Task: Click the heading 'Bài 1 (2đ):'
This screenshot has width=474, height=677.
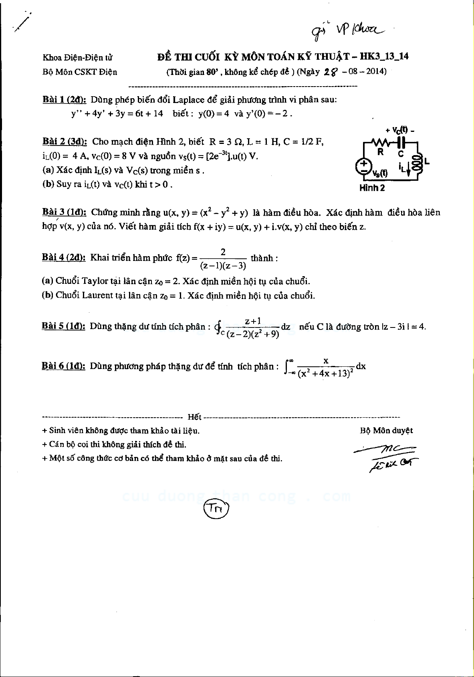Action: coord(64,99)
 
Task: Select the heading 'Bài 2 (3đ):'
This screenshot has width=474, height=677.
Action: coord(65,141)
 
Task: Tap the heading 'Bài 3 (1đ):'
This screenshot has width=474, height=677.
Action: coord(64,212)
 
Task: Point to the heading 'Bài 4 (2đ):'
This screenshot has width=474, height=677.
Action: coord(64,257)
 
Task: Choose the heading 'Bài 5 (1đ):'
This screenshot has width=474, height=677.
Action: coord(63,326)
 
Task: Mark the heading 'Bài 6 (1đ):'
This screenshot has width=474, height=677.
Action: coord(63,366)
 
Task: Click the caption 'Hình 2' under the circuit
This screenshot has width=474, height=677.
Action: coord(372,188)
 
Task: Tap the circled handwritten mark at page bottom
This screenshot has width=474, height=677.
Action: coord(217,509)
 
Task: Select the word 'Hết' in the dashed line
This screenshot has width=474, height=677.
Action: coord(194,417)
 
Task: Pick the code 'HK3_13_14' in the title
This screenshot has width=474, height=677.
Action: coord(384,56)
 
